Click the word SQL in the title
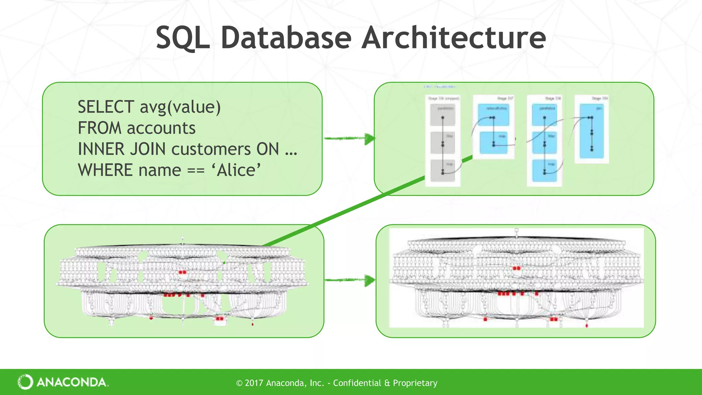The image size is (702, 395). coord(182,38)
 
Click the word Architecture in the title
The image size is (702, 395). coord(453,38)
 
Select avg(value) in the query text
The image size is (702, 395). coord(180,107)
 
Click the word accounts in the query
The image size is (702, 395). coord(161,128)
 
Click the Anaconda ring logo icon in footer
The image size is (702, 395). coord(25,382)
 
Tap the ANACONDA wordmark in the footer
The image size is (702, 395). coord(72,382)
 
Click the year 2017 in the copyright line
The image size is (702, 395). coord(254,383)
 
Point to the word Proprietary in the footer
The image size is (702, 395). coord(415,383)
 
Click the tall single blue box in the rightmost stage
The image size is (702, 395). coord(592,132)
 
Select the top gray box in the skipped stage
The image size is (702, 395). coord(443,115)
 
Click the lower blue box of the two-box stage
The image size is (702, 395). coord(494,143)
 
